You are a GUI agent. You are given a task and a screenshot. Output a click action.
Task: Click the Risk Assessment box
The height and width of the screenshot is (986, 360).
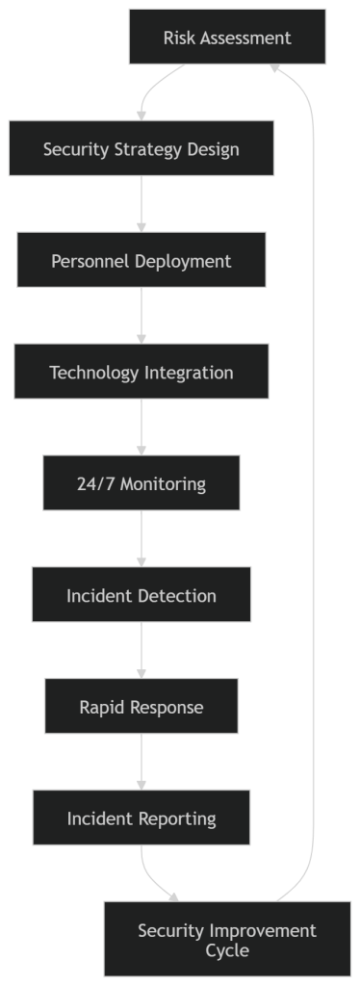(227, 39)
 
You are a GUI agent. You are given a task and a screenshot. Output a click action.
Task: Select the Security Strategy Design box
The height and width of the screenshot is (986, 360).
(141, 149)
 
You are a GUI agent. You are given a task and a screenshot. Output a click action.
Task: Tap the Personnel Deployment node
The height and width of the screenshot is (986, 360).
(141, 261)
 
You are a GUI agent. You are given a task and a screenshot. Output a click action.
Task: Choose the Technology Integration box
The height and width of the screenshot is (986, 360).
(141, 373)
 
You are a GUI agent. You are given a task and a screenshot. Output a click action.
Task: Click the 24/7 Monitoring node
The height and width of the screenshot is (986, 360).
(141, 483)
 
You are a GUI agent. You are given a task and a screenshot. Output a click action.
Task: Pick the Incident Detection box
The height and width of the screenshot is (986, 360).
(141, 595)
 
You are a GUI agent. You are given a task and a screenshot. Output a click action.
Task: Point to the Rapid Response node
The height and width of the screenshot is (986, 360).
(141, 707)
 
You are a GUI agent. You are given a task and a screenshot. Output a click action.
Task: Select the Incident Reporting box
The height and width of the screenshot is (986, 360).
(141, 818)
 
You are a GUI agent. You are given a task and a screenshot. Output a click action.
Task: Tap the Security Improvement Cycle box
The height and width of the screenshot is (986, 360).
(227, 940)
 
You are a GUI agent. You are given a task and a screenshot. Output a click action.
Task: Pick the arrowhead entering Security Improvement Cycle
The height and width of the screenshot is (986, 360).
(174, 897)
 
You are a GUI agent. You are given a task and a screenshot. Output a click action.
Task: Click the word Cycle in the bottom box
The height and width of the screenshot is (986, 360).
(227, 950)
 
